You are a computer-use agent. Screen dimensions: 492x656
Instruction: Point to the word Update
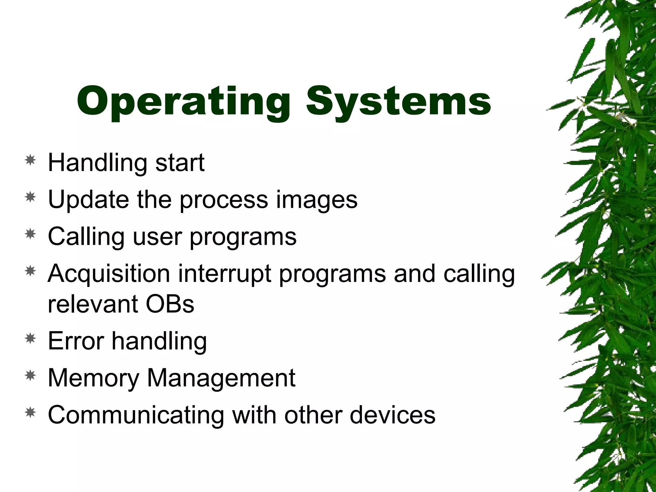88,200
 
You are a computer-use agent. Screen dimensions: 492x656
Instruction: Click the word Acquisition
109,274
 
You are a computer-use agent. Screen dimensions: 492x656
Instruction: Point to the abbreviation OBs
170,304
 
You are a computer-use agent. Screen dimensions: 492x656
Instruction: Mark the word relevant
93,304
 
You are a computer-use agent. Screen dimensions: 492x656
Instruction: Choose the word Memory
93,378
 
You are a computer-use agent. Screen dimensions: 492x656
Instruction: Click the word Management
221,378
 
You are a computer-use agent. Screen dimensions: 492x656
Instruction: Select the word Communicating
136,415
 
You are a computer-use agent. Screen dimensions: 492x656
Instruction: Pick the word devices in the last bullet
392,415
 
